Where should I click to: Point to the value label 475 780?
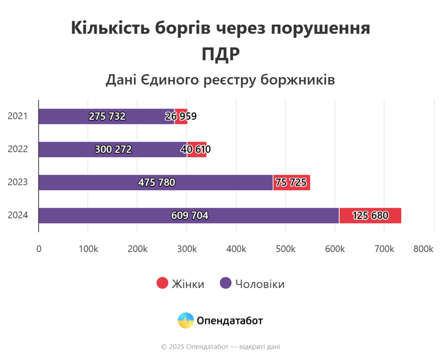pos(157,183)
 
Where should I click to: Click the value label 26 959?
pos(181,116)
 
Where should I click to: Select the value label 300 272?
pos(113,149)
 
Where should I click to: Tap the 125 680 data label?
pos(370,215)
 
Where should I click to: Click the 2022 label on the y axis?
pos(18,149)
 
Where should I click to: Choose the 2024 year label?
pos(18,215)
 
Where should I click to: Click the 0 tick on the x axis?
pos(39,249)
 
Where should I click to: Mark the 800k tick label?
pos(423,249)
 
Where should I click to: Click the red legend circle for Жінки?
pos(162,283)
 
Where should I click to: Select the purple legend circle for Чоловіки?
pos(226,283)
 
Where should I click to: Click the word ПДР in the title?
pos(220,54)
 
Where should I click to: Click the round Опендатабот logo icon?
pos(186,320)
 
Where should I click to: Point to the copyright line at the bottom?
pos(220,347)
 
